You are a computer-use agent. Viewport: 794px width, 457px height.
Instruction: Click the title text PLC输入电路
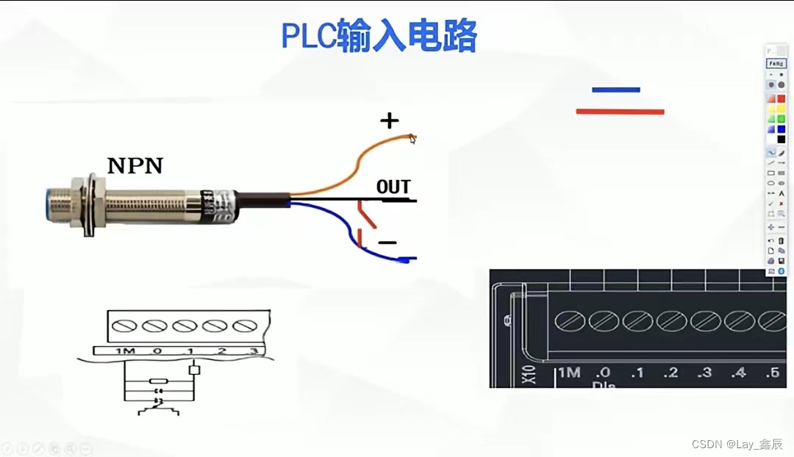click(379, 35)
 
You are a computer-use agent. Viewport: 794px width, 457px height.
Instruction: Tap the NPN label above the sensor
click(135, 165)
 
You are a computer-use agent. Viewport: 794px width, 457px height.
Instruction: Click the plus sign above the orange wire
click(389, 120)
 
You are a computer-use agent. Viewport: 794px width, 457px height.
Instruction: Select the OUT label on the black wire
click(393, 187)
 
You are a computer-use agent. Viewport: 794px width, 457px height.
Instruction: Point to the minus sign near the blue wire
click(387, 242)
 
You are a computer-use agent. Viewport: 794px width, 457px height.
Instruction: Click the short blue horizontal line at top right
click(615, 90)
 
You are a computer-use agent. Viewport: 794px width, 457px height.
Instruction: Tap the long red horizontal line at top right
click(620, 112)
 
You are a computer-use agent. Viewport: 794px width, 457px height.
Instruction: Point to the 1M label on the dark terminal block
click(569, 373)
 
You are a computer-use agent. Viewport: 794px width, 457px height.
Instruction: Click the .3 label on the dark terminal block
click(704, 373)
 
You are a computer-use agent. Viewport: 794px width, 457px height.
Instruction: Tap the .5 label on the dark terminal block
click(772, 373)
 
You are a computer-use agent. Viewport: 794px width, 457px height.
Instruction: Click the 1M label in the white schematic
click(125, 351)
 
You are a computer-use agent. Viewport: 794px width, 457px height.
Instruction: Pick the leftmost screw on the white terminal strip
click(124, 325)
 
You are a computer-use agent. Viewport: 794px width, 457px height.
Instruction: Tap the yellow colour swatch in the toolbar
click(771, 109)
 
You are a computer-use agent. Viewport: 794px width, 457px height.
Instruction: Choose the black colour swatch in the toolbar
click(781, 139)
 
